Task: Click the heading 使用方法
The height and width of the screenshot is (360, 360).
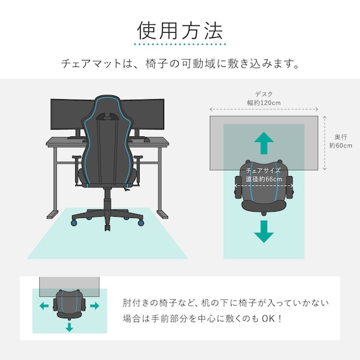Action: click(x=180, y=30)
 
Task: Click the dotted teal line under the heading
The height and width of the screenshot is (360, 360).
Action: click(x=180, y=45)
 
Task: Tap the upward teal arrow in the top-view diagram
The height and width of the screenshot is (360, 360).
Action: click(x=264, y=143)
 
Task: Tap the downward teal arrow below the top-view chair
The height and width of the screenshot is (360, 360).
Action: click(x=264, y=232)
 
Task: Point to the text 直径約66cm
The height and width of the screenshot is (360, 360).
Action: click(x=264, y=179)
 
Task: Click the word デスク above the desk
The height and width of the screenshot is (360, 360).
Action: click(x=264, y=94)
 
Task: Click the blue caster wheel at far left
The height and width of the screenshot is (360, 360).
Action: click(x=73, y=222)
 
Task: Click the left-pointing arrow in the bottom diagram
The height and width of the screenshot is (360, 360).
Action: click(x=44, y=306)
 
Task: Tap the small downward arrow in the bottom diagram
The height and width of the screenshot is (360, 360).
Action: click(x=69, y=327)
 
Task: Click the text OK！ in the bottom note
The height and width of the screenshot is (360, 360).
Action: click(x=270, y=318)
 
